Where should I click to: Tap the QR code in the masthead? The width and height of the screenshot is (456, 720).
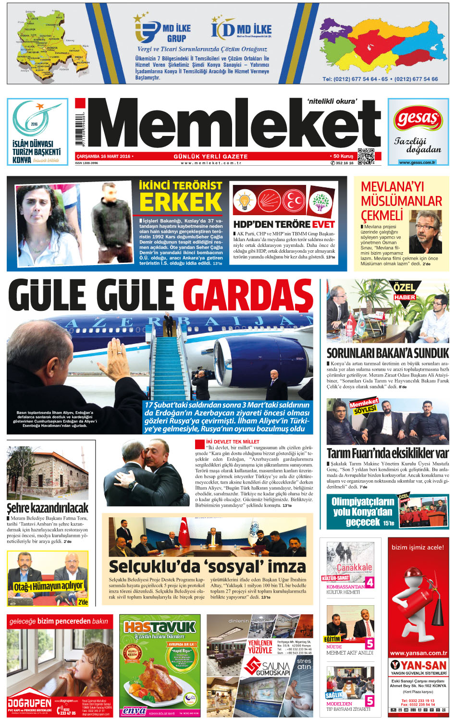366,157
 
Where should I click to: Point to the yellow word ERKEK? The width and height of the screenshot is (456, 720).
180,202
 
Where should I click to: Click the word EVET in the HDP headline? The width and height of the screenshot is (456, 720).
323,224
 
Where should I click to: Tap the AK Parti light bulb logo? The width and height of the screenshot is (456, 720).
244,201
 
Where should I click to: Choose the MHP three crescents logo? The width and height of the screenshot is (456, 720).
293,201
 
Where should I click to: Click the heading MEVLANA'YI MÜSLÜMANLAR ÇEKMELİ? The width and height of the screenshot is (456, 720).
401,201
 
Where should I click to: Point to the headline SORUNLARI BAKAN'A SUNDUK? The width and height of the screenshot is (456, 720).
387,353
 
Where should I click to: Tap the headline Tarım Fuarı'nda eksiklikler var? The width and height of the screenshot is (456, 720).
387,453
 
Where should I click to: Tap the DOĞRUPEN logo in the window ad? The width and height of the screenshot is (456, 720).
30,703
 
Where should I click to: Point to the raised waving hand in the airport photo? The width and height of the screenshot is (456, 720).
117,354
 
